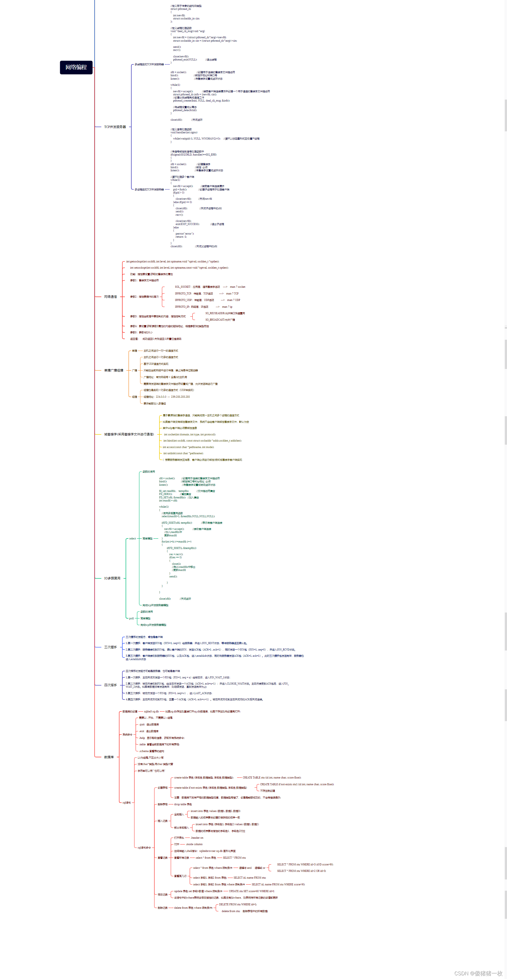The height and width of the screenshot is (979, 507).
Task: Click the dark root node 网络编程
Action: click(76, 67)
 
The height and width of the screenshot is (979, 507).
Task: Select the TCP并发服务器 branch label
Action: click(115, 127)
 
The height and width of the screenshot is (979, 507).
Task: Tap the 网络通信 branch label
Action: click(111, 297)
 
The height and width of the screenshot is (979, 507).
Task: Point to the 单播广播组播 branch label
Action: click(114, 370)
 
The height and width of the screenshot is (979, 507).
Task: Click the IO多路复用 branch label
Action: click(112, 578)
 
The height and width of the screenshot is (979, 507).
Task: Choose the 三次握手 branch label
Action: click(111, 647)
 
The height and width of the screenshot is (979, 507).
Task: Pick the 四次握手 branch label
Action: click(111, 685)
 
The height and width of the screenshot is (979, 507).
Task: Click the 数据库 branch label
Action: click(109, 757)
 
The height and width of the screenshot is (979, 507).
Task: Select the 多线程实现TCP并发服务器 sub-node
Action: click(149, 65)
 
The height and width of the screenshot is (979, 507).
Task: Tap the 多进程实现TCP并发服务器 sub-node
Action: click(149, 189)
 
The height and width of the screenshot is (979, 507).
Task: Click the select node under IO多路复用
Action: click(132, 539)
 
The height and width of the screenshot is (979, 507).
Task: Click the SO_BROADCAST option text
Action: click(220, 319)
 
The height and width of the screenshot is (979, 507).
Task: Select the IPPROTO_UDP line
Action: click(207, 300)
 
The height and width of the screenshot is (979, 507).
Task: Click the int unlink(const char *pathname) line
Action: click(183, 453)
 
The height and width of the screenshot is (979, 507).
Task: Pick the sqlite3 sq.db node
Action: click(151, 712)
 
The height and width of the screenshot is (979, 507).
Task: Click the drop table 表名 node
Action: click(183, 804)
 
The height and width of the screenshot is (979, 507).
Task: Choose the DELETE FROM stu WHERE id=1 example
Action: click(238, 904)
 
